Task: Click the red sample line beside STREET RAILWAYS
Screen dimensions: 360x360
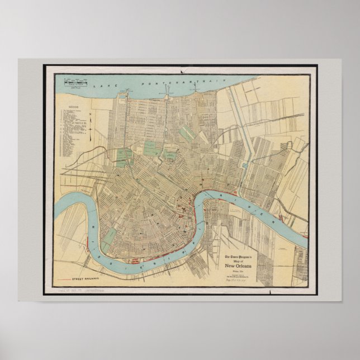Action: click(63, 278)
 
